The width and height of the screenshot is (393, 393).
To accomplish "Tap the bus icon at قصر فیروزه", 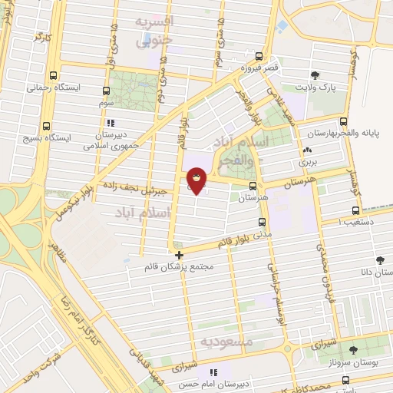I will point(259,56).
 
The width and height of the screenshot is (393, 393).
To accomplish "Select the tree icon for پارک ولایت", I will point(315,74).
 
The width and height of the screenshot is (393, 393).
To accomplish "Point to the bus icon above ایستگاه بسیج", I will point(46,126).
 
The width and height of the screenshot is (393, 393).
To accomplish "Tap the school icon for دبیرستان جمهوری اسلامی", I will point(111,122).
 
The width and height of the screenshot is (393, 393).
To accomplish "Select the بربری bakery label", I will point(308,162).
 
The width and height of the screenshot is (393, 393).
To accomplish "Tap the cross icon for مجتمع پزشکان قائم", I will point(179,256).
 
